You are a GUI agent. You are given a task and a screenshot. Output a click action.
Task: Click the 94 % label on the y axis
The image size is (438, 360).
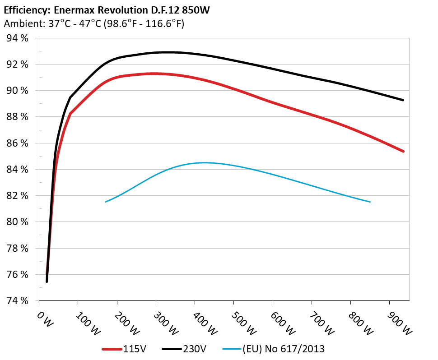coord(17,38)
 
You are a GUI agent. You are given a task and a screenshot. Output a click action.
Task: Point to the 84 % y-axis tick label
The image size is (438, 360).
coord(17,170)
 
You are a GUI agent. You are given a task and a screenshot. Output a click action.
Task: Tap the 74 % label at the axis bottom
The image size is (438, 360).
coord(17,301)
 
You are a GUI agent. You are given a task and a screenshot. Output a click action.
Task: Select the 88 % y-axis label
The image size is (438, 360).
coord(17,117)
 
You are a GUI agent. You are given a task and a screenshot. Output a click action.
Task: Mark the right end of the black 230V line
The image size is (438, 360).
coord(403,100)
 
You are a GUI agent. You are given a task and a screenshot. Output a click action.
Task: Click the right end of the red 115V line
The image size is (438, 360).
coord(403,151)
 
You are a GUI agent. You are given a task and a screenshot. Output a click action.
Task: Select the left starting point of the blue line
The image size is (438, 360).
coord(105,202)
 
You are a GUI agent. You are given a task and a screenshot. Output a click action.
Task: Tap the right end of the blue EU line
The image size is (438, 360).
coord(370,202)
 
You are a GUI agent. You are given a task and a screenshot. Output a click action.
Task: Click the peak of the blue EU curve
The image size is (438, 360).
coord(203,162)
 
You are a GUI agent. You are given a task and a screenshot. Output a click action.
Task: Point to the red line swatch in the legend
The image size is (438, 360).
coord(112,349)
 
